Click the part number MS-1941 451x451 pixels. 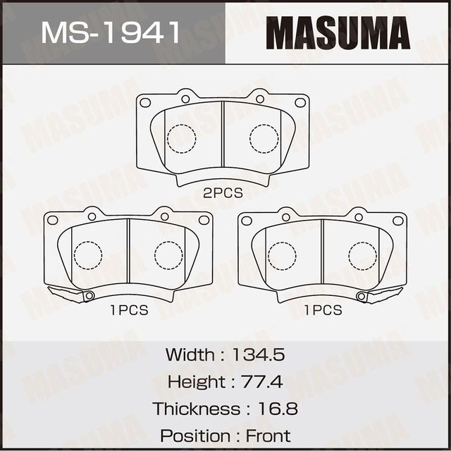coord(111,32)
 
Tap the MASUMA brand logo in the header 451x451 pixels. coord(338,33)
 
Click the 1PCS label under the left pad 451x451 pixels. coord(129,310)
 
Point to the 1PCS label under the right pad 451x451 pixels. coord(323,310)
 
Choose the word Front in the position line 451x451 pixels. coord(268,436)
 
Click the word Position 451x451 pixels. coord(190,436)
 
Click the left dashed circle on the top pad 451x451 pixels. coord(181,138)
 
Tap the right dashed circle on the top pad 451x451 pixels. coord(264,138)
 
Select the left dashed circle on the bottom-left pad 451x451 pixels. coord(88,254)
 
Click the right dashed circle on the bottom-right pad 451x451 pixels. coord(362,254)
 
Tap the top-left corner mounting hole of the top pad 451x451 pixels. coord(145,102)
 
